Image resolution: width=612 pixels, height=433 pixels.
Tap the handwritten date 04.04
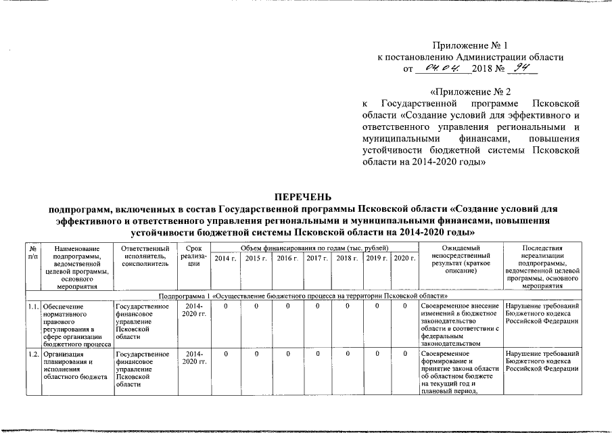click(442, 68)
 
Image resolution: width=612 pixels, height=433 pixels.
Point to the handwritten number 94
click(521, 68)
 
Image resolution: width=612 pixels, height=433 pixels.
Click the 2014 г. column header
click(225, 259)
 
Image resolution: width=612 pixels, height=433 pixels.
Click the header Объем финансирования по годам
click(314, 248)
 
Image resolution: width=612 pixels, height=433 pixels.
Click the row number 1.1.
click(33, 307)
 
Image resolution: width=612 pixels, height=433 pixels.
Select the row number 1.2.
click(33, 354)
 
